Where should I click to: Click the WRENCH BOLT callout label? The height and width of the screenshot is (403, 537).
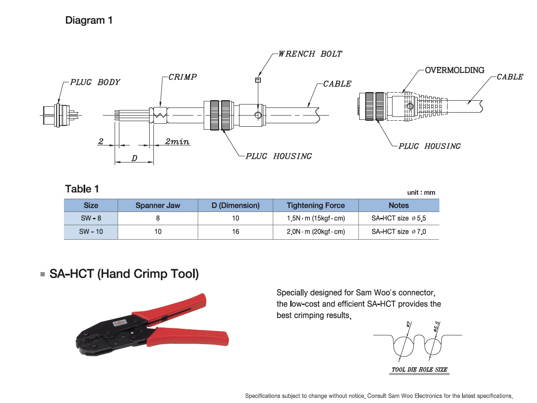coord(310,54)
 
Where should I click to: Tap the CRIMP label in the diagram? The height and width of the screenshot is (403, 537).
coord(182,77)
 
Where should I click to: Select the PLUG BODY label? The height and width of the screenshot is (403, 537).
coord(95,82)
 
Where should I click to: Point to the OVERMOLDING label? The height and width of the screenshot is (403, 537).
coord(454,70)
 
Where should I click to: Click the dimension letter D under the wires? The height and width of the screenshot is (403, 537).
coord(134,158)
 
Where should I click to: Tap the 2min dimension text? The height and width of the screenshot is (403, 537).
coord(177,142)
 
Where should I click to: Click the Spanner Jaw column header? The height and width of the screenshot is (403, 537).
coord(158,206)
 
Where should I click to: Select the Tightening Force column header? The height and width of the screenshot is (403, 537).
coord(315,206)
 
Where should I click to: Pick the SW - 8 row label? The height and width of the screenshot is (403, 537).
coord(91,218)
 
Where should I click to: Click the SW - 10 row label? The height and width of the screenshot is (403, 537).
coord(91,232)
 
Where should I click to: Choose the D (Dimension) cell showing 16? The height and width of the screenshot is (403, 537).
coord(235,232)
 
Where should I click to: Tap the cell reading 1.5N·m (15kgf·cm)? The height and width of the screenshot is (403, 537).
coord(315,218)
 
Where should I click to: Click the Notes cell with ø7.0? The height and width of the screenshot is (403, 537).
coord(398,232)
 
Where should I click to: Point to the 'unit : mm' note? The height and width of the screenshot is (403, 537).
coord(421,193)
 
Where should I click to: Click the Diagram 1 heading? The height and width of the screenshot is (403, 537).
coord(89,20)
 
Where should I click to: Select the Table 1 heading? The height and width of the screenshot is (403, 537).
coord(82,189)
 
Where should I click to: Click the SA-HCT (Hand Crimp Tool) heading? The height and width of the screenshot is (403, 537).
coord(124,273)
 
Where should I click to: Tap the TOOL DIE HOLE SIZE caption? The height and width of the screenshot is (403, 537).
coord(419,369)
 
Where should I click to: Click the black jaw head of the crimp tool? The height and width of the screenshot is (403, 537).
coord(94,341)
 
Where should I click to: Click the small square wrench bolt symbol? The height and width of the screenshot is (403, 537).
coord(257,80)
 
